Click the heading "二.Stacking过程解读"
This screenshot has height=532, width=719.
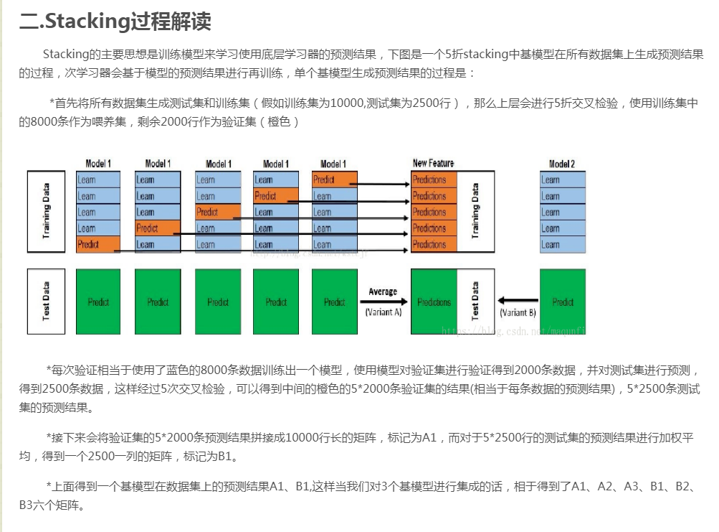point(115,22)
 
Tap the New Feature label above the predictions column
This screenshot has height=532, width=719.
point(433,163)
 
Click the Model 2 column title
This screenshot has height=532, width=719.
point(562,164)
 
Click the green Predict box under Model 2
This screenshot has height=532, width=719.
point(563,302)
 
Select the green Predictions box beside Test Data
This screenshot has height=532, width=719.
point(434,302)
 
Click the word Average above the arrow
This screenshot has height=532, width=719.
point(383,291)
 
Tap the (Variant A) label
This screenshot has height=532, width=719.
point(383,312)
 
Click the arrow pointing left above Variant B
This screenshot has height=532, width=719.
point(518,301)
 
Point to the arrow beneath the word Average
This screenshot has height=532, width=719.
point(383,302)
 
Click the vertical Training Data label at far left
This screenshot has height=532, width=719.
point(47,211)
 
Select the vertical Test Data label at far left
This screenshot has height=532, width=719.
point(47,302)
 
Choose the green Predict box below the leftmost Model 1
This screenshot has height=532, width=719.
point(98,302)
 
